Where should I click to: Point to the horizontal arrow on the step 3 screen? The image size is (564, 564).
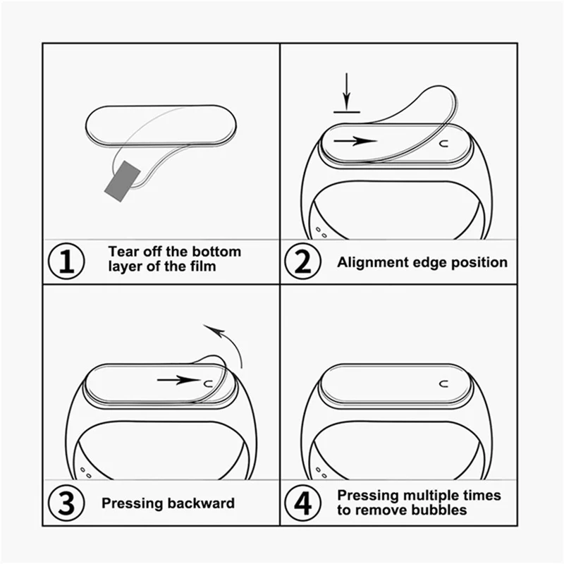(x=178, y=380)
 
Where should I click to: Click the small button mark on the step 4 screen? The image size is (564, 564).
(x=444, y=385)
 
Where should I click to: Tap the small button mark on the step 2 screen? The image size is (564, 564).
(x=444, y=143)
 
